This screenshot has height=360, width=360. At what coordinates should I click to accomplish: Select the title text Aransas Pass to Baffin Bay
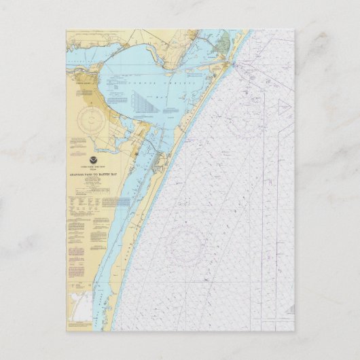(90, 175)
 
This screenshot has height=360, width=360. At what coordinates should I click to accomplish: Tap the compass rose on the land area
(90, 121)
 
